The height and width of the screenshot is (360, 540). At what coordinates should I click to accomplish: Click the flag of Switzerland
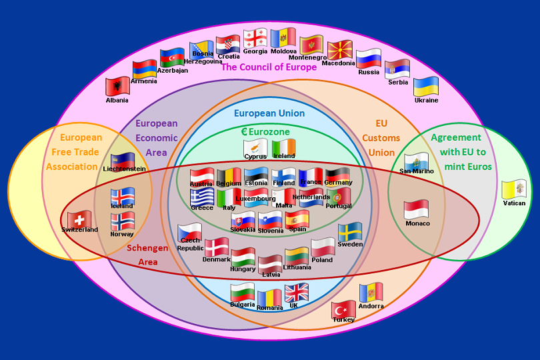(79, 219)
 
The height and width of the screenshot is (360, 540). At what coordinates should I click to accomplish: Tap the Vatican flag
(513, 189)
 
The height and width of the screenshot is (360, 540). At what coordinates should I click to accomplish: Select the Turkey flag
(343, 309)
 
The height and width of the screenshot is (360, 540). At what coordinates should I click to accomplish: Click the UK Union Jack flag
(296, 293)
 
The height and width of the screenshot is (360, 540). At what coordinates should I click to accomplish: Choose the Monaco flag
(416, 209)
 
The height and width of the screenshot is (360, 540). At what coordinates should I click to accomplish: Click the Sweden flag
(350, 232)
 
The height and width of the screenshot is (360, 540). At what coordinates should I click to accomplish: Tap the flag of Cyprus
(255, 147)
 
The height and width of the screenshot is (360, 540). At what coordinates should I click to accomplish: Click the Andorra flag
(371, 292)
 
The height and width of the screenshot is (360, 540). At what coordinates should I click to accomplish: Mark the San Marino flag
(417, 161)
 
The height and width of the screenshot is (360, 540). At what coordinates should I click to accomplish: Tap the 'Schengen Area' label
(147, 255)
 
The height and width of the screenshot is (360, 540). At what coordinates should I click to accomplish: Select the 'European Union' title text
(269, 113)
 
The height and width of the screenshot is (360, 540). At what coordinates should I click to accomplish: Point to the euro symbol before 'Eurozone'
(244, 132)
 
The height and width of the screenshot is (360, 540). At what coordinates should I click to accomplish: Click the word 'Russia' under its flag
(369, 72)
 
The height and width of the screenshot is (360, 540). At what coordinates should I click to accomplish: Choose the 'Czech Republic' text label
(190, 244)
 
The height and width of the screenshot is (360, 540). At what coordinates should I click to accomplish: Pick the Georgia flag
(255, 38)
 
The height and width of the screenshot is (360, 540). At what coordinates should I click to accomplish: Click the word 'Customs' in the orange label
(381, 138)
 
